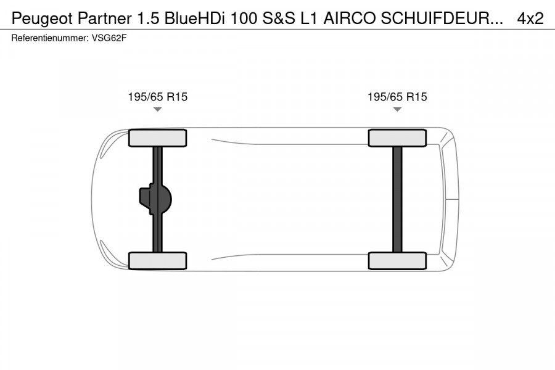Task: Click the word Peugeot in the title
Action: tap(39, 18)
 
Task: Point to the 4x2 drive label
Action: tap(530, 18)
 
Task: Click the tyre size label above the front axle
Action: tap(157, 97)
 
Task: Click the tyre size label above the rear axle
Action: tap(397, 97)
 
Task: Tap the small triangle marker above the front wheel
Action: tap(157, 109)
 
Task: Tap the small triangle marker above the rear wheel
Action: tap(397, 109)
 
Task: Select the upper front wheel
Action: tap(157, 138)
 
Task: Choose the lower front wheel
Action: tap(157, 260)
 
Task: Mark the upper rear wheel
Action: tap(397, 138)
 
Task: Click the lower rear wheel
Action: tap(397, 260)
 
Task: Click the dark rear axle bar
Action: tap(397, 199)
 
